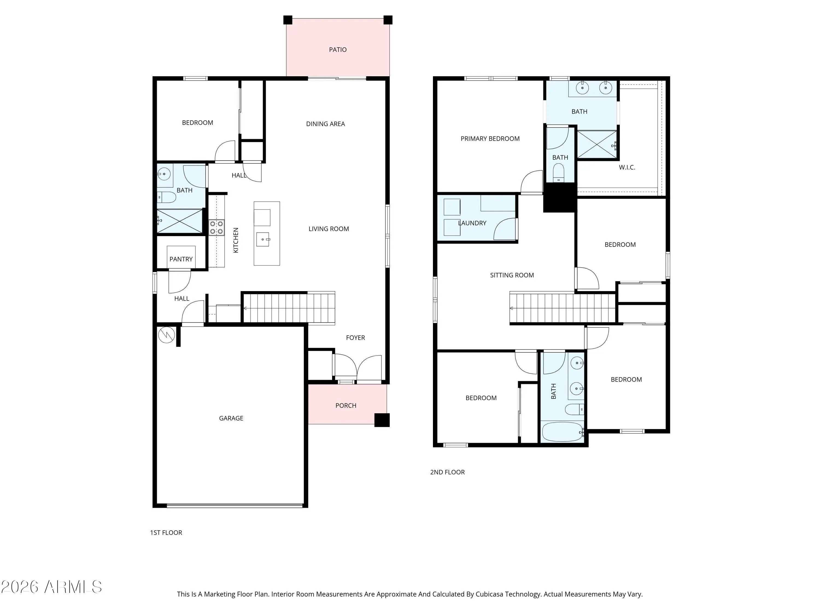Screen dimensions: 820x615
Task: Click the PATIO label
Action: point(338,50)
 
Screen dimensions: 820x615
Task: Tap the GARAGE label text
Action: point(231,418)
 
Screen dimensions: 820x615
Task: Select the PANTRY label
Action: point(181,259)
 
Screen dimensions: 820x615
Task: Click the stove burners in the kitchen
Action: point(216,227)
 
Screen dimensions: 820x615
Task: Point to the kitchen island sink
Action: point(263,239)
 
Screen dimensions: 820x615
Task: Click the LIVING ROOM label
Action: point(329,229)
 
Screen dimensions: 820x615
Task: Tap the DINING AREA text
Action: point(326,124)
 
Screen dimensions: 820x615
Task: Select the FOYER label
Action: point(356,338)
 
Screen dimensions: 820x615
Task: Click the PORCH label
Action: point(346,406)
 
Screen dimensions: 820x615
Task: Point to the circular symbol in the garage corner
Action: point(166,335)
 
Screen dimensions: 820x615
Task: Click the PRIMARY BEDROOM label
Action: point(490,139)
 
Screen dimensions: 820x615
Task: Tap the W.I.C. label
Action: point(627,168)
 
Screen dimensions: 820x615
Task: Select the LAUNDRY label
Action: point(472,223)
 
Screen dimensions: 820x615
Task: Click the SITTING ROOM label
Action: point(512,275)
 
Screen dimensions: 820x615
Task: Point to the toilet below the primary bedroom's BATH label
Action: point(559,173)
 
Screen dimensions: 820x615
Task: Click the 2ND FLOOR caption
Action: point(447,472)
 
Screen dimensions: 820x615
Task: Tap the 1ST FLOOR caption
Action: point(166,533)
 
